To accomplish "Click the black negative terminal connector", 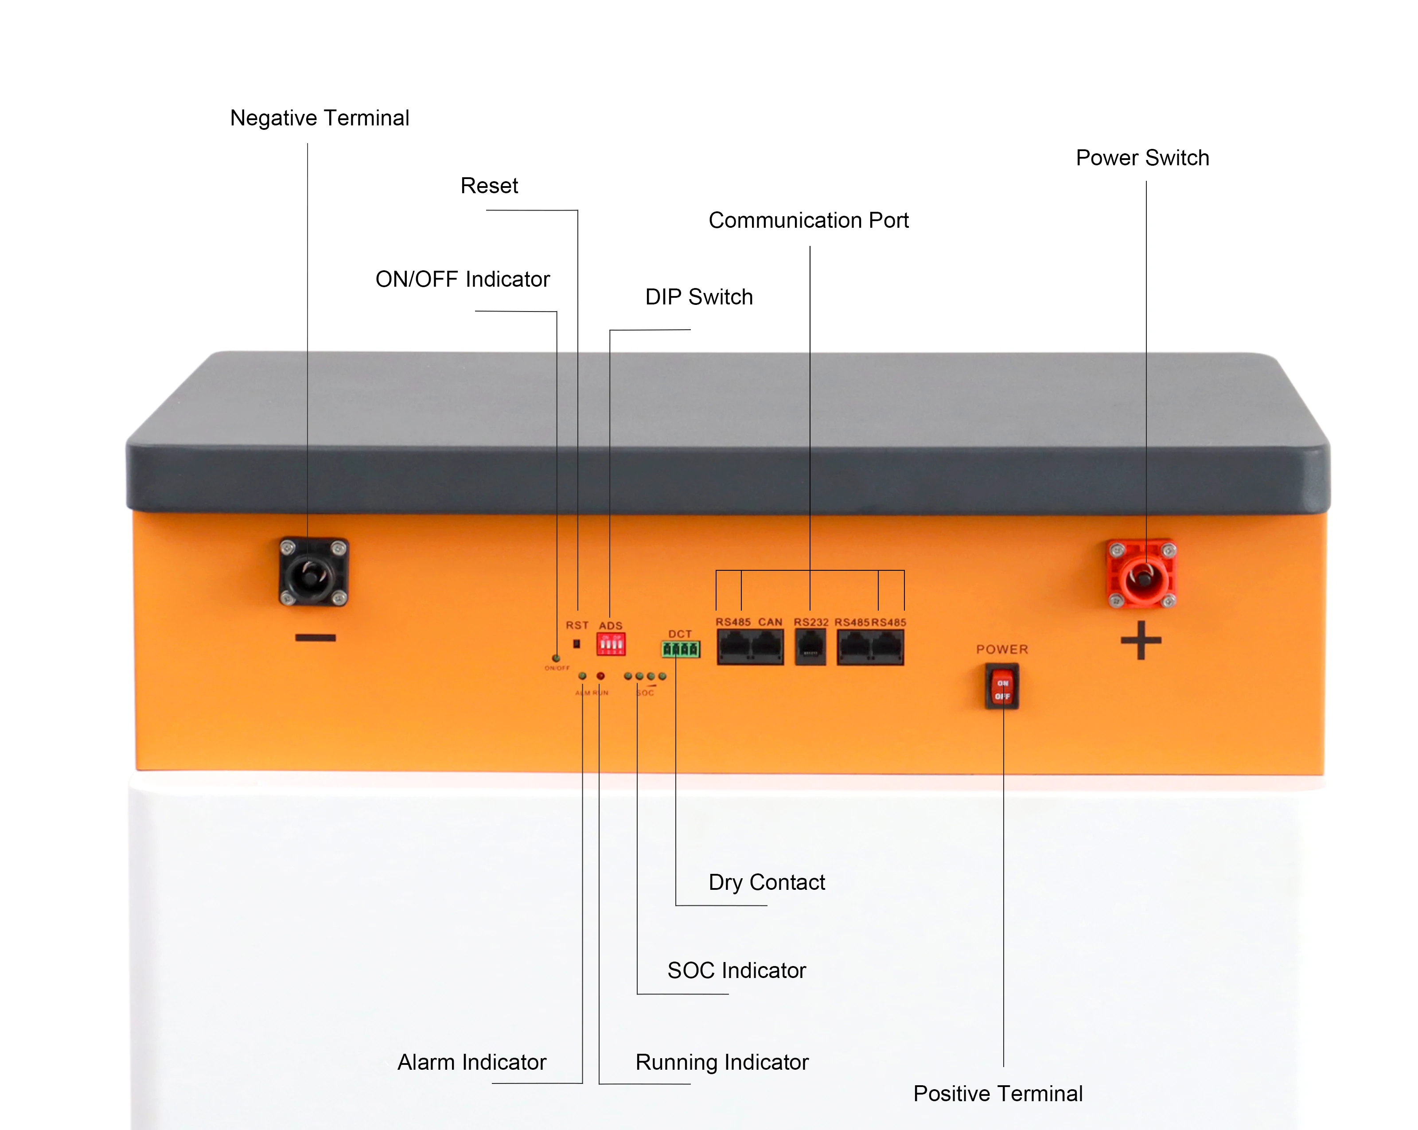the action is point(313,572).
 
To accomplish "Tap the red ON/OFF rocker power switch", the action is point(1001,687).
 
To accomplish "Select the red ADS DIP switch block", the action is point(610,644).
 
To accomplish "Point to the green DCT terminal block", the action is point(681,649).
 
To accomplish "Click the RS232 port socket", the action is point(810,647).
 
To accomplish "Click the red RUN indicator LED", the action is point(600,675).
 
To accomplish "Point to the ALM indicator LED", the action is point(582,675).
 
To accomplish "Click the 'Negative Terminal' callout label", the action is point(319,118).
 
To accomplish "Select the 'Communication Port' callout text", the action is point(808,220).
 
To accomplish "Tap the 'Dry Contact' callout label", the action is point(766,882).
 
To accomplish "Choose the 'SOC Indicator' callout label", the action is point(736,970).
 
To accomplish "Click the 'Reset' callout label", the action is point(489,186).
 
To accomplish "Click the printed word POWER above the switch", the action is point(1001,649).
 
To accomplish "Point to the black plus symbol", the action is point(1141,640).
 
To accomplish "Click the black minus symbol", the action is point(316,637).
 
